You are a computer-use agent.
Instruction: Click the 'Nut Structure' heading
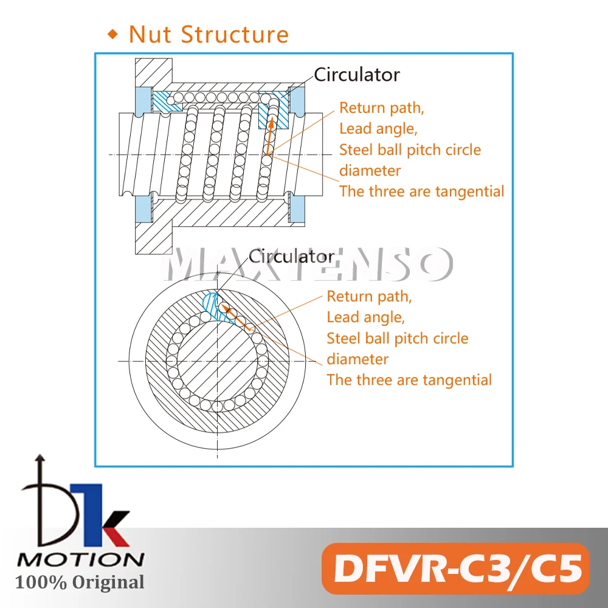[209, 34]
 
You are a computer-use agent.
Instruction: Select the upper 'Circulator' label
[356, 75]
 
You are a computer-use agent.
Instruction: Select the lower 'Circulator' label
[291, 256]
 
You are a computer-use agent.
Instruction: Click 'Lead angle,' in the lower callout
[365, 317]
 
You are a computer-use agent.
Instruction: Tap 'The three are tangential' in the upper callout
[421, 191]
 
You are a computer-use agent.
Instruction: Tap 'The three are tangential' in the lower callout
[409, 380]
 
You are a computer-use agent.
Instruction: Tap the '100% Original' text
[80, 582]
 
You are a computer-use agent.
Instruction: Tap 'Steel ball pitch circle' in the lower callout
[398, 338]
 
